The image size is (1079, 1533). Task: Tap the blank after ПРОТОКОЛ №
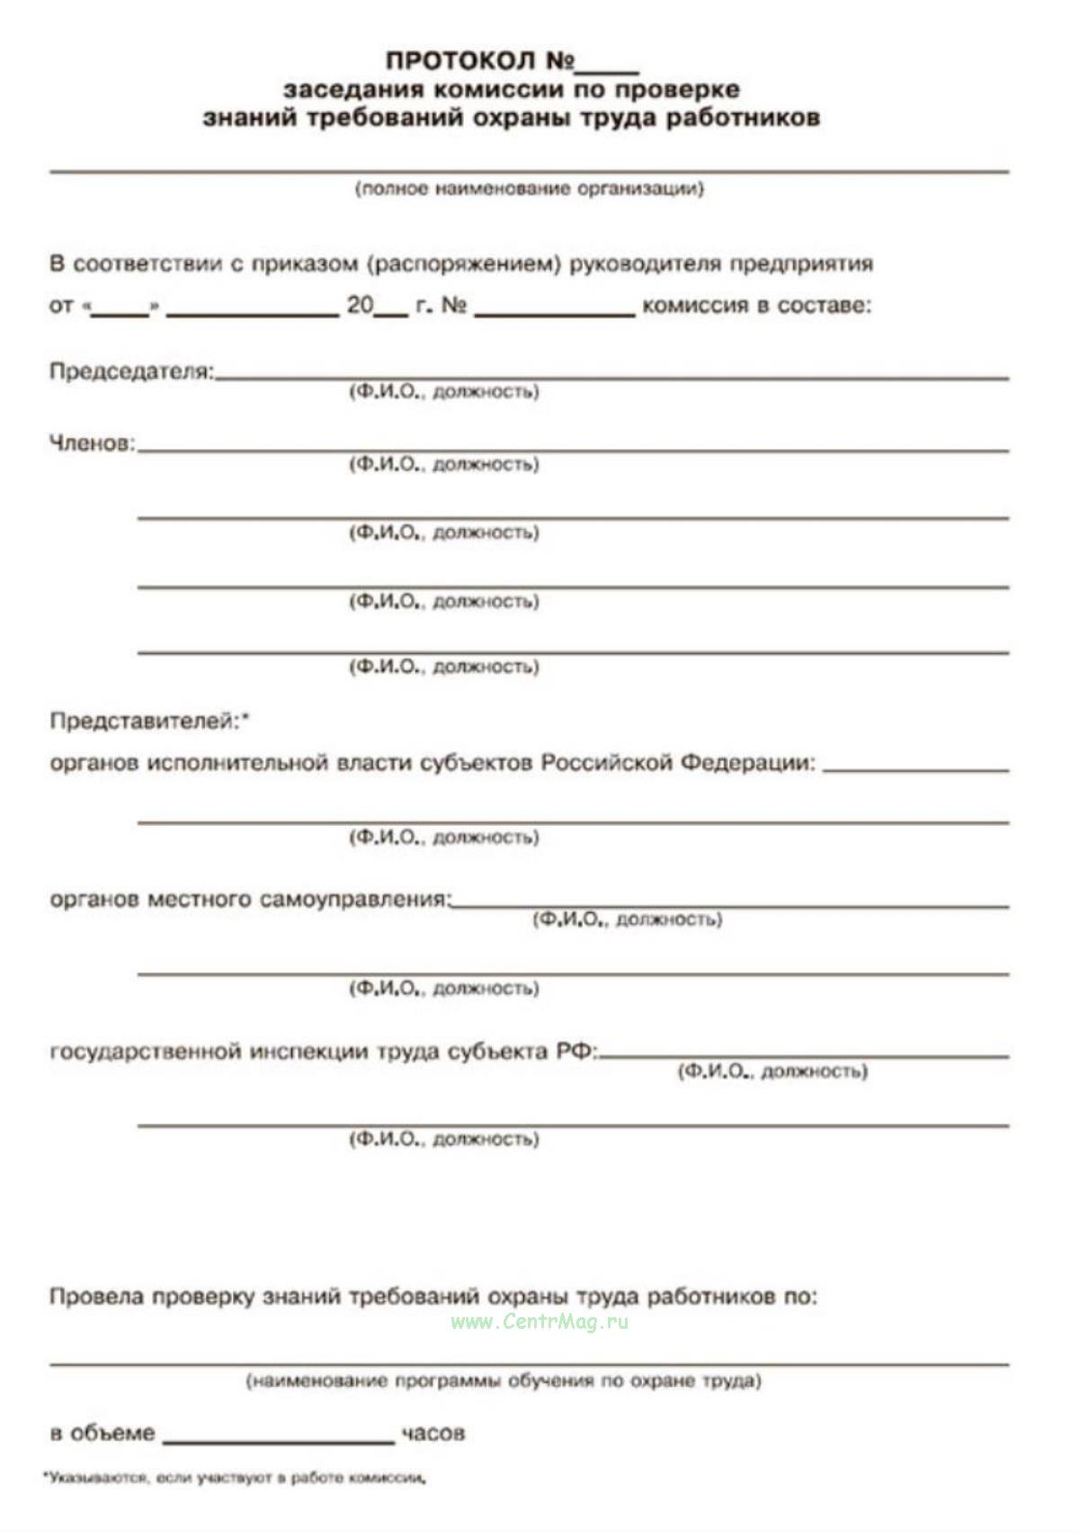coord(607,65)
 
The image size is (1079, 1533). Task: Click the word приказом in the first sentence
coord(305,264)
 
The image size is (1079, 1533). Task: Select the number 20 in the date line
coord(360,306)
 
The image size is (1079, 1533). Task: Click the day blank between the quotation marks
coord(120,309)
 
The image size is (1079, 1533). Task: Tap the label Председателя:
coord(131,372)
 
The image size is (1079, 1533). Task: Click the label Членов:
coord(92,444)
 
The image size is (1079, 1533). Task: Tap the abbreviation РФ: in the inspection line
coord(576,1052)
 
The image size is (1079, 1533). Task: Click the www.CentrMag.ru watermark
coord(539,1322)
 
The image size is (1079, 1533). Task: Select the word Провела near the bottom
coord(96,1297)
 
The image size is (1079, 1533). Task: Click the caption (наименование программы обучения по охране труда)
coord(504,1381)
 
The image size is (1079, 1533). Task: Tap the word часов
coord(433,1433)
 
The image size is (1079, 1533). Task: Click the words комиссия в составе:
coord(756,306)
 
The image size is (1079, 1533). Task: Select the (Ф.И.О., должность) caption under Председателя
coord(444,392)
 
